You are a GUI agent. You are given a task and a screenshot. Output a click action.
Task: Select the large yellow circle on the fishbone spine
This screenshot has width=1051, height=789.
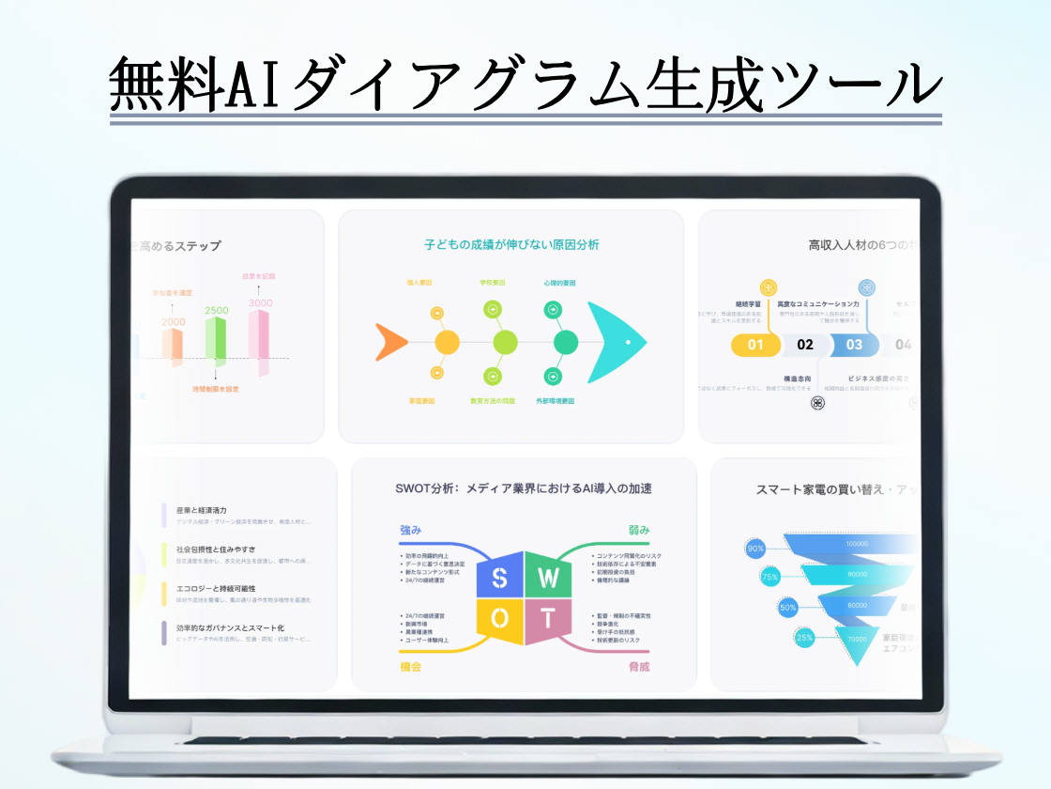coord(448,342)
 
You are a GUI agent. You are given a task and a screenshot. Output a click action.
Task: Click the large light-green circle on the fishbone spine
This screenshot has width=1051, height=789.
coord(506,342)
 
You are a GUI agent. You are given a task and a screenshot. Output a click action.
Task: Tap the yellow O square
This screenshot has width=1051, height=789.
coord(500,618)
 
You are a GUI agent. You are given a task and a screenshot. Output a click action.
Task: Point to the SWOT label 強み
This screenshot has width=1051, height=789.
coord(411,531)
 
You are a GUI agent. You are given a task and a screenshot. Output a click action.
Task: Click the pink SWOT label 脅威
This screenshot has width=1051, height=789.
coord(639,666)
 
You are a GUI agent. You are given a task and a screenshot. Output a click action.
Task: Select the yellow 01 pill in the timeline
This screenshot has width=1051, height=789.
coord(755,345)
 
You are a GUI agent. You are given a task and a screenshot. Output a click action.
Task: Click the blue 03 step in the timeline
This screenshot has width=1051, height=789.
coord(854,345)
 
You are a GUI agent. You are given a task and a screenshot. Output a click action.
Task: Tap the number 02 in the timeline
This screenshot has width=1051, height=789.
coord(805,345)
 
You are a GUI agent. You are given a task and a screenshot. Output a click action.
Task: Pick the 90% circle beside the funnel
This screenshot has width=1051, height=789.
coord(754,549)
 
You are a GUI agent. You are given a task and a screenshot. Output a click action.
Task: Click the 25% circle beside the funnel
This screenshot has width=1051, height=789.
coord(804,638)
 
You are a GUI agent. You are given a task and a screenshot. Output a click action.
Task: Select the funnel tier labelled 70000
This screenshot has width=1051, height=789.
coord(857,639)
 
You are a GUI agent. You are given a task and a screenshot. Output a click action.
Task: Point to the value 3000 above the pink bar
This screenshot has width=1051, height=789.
coord(260,303)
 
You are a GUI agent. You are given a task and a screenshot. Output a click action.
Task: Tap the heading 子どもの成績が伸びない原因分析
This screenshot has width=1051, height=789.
coord(510,245)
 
